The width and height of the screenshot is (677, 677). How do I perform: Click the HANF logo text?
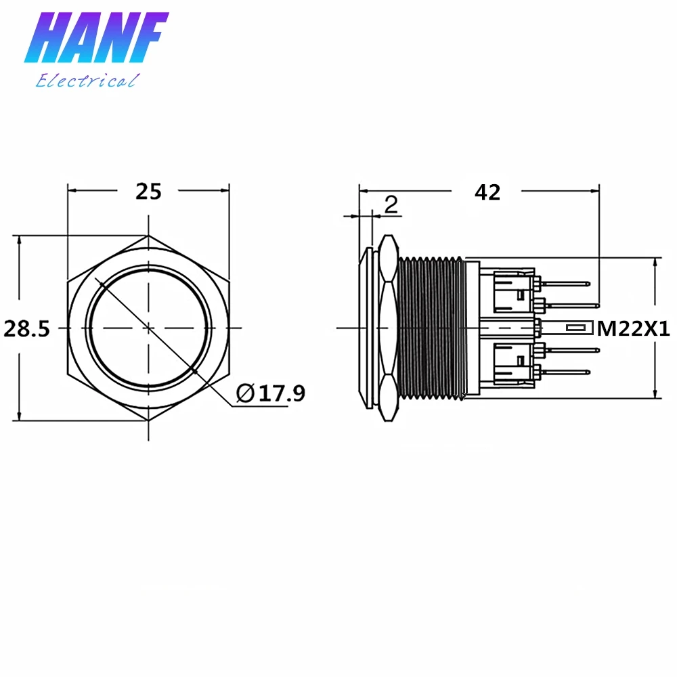pos(96,37)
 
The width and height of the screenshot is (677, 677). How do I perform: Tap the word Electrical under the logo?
pos(87,81)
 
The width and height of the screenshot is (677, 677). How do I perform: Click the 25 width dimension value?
pos(148,192)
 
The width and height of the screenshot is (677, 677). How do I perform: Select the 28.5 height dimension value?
pos(27,329)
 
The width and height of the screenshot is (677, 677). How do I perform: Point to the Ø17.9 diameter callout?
pos(271,393)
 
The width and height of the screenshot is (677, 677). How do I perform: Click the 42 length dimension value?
pos(487,192)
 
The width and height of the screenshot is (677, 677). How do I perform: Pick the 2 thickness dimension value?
pos(391,204)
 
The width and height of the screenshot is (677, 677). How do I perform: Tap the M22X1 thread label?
pos(633,329)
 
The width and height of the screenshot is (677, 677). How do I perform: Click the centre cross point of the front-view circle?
pos(148,328)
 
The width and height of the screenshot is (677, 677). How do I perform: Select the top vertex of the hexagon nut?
pos(148,236)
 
